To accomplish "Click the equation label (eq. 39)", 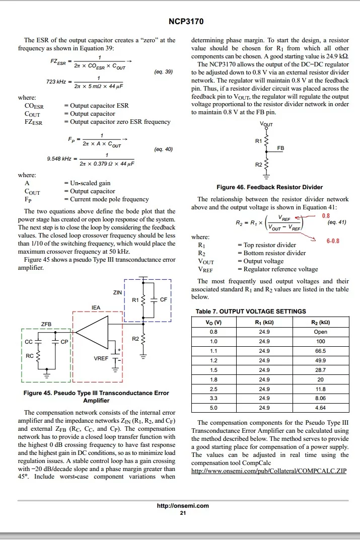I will (x=163, y=72).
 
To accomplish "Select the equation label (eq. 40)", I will (x=163, y=149).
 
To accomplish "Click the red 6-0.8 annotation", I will (x=333, y=241).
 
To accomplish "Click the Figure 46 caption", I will (x=269, y=187).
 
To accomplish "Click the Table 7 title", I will (x=250, y=311).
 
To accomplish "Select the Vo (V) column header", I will (x=214, y=322).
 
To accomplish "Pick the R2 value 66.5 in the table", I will (x=320, y=351).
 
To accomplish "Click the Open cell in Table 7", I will (x=320, y=332).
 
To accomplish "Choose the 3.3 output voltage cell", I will (x=214, y=398).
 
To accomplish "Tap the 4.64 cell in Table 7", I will (x=320, y=408).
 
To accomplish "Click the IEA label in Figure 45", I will (x=96, y=307).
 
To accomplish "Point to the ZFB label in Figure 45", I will (x=46, y=324).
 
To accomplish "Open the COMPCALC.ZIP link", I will (x=269, y=471).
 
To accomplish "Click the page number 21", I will (x=183, y=513).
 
